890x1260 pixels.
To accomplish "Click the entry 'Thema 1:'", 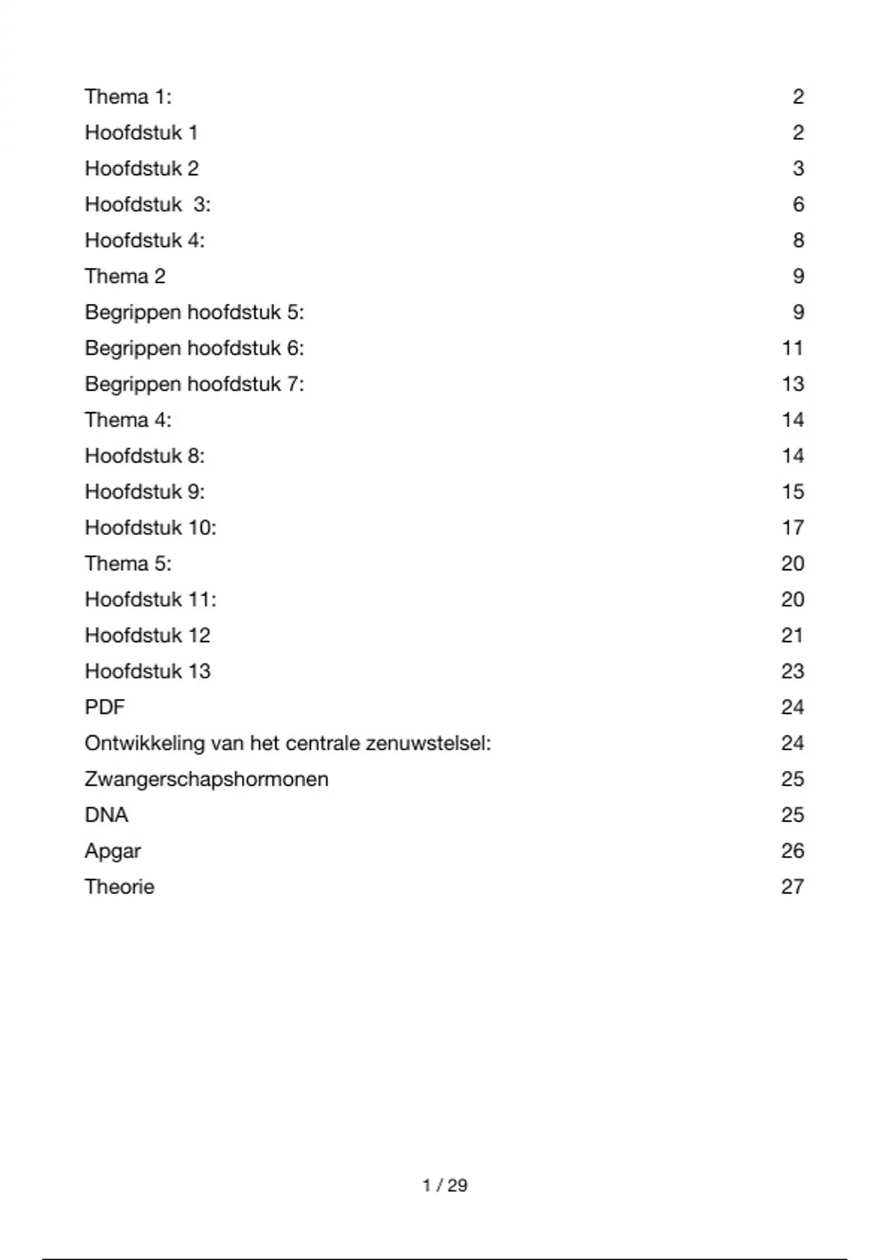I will coord(128,97).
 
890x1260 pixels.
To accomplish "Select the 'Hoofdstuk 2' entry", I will coord(142,169).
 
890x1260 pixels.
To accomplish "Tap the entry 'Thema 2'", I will coord(125,276).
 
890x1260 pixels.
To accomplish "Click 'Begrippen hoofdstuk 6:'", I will coord(194,348).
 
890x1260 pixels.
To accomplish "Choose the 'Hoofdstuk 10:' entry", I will coord(151,528).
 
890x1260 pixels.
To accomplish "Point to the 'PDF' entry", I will coord(105,707).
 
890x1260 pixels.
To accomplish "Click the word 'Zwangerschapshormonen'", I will coord(206,779).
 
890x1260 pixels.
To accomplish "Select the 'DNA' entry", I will coord(106,815).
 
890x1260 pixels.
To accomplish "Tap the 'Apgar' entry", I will coord(112,851).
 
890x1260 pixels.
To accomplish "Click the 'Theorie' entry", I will coord(119,887).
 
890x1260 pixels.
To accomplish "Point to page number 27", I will coord(792,887).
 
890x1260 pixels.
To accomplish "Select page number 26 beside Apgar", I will coord(792,851).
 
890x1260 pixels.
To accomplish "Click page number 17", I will coord(792,528).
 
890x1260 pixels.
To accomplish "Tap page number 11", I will coord(792,348).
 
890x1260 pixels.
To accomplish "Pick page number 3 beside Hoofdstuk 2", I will coord(798,169).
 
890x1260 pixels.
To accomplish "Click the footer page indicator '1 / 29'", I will coord(445,1185).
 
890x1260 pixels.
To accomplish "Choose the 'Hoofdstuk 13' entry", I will coord(148,672).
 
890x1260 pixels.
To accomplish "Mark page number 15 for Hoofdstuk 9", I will coord(792,492).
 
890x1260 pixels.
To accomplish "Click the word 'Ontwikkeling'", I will coord(145,743).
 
